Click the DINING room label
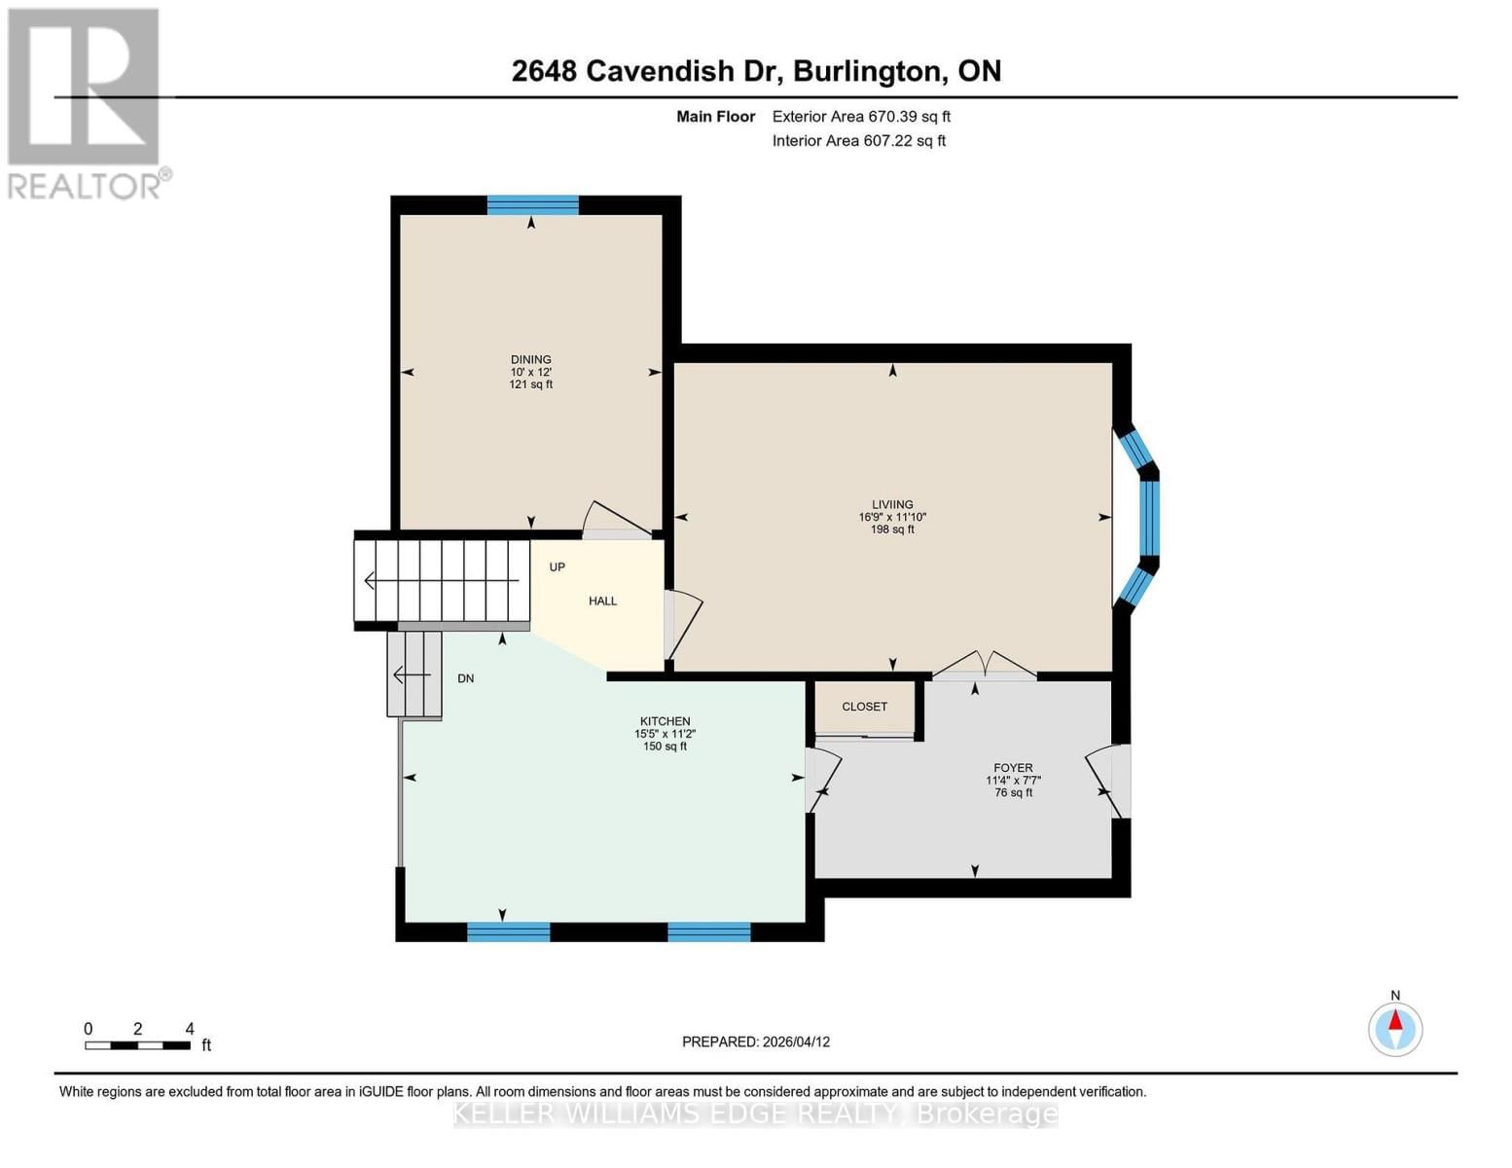[x=530, y=360]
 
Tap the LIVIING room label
[x=892, y=505]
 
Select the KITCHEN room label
[x=665, y=721]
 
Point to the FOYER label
[x=1013, y=768]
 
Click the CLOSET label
[x=864, y=707]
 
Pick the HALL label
[x=602, y=602]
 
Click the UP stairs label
[x=557, y=567]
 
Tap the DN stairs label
[x=466, y=678]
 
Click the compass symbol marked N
[x=1395, y=1029]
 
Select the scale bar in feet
[x=137, y=1045]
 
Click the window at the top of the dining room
[x=532, y=204]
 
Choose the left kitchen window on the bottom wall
[x=508, y=931]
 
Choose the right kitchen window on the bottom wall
[x=708, y=931]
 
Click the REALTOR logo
[x=86, y=102]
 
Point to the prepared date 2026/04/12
[x=755, y=1041]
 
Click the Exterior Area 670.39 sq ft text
[x=860, y=117]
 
